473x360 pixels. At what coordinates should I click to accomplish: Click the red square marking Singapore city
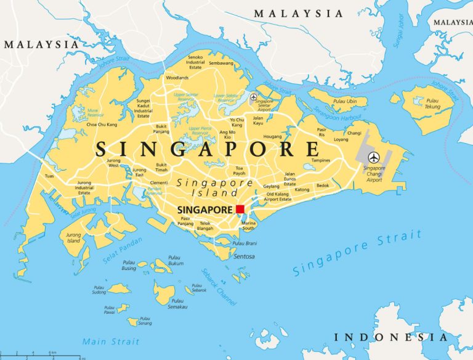coord(240,210)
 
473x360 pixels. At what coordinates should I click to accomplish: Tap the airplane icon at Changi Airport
coord(373,157)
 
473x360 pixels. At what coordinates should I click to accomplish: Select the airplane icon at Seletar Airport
coord(253,97)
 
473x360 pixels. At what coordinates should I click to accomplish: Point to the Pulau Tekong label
coord(432,104)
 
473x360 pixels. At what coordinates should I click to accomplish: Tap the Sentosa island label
coord(244,256)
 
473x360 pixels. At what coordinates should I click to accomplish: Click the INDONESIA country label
coord(390,337)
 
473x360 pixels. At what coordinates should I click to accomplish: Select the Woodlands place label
coord(177,78)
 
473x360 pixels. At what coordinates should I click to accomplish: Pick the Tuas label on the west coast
coord(49,176)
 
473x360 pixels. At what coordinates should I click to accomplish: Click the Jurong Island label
coord(73,238)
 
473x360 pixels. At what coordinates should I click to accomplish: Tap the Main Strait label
coord(111,342)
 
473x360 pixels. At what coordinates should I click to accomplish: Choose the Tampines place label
coord(321,160)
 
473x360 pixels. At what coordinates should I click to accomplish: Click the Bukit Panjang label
coord(161,129)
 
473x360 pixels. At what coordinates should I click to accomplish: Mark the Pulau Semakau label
coord(177,304)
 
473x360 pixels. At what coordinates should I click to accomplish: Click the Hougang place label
coord(272,136)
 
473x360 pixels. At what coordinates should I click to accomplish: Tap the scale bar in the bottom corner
coord(39,354)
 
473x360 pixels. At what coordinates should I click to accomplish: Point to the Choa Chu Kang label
coord(103,125)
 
